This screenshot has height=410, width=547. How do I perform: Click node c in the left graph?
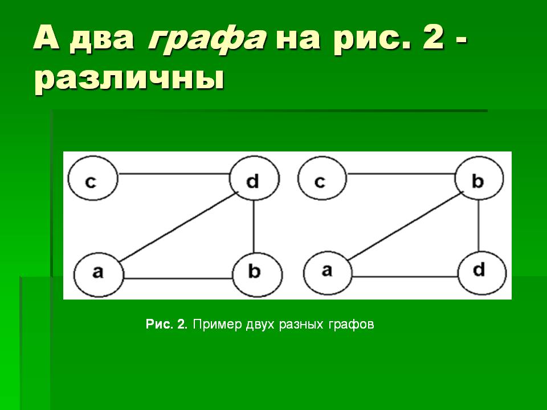tap(92, 181)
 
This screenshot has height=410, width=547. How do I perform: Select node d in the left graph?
tap(254, 181)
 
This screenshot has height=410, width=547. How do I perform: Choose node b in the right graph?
tap(479, 181)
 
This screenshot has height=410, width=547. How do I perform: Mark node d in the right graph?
tap(481, 270)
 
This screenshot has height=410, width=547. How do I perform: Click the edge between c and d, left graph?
tap(173, 173)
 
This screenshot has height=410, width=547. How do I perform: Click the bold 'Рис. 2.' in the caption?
tap(167, 325)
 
